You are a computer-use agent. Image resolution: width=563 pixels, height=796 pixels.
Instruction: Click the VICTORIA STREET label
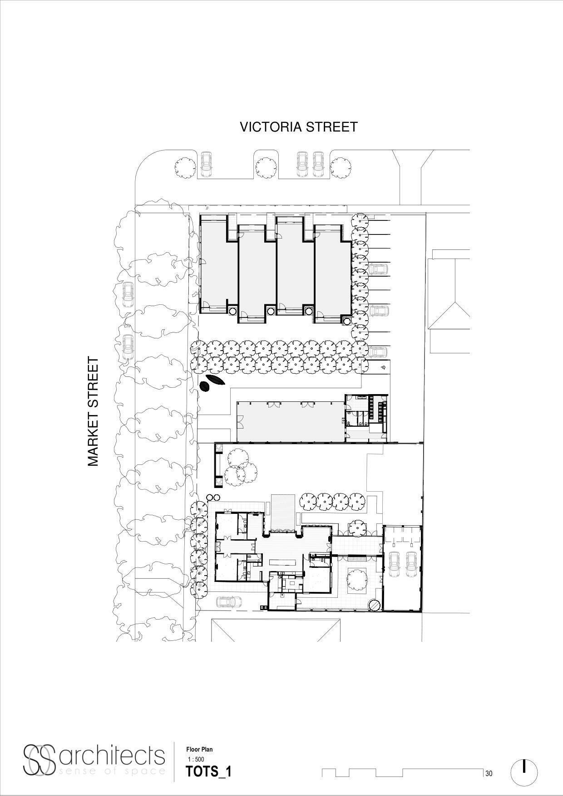tap(298, 127)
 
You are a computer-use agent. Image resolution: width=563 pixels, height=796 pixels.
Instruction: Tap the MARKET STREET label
tap(93, 412)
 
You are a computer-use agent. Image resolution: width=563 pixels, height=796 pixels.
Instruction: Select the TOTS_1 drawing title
tap(208, 772)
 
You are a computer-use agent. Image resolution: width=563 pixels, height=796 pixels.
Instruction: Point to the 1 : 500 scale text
tap(196, 759)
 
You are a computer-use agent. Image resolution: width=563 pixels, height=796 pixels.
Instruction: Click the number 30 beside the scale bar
tap(489, 774)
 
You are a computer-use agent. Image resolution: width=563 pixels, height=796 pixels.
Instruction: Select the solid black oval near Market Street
tap(205, 386)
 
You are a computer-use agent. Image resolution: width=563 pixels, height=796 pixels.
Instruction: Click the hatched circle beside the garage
tap(375, 605)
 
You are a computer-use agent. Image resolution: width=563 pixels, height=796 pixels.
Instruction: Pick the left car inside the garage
tap(394, 564)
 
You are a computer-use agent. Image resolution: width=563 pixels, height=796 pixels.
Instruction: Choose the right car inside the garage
tap(411, 564)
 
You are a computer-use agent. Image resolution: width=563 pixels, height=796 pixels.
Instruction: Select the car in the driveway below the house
tap(229, 602)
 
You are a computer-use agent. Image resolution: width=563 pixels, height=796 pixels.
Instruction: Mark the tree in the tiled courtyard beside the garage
tap(357, 580)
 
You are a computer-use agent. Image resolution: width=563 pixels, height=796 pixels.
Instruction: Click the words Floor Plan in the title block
tap(199, 750)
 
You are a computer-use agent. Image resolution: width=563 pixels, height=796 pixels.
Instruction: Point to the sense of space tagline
tap(111, 771)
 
